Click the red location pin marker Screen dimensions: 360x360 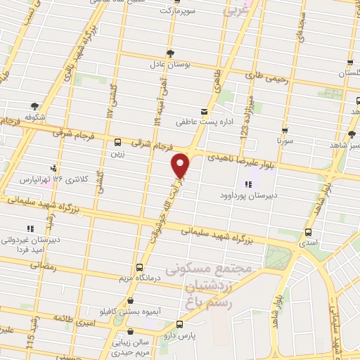pyautogui.click(x=181, y=165)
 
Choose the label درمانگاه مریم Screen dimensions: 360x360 pyautogui.click(x=139, y=277)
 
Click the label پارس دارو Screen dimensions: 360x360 pyautogui.click(x=181, y=335)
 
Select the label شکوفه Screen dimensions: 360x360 pyautogui.click(x=34, y=117)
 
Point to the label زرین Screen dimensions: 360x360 pyautogui.click(x=116, y=151)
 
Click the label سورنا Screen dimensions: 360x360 pyautogui.click(x=284, y=141)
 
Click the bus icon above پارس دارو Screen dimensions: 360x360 pyautogui.click(x=181, y=324)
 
